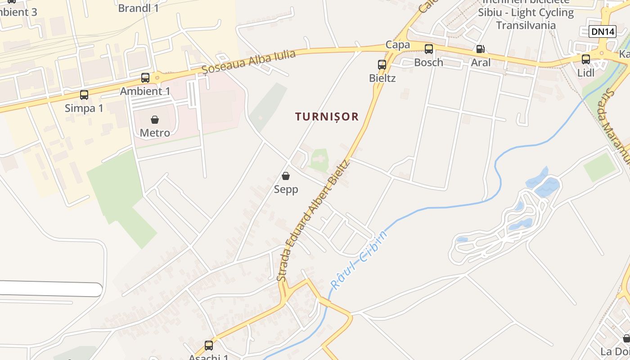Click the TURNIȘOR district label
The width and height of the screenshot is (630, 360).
pos(327,117)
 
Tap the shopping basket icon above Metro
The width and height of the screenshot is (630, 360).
pos(155,120)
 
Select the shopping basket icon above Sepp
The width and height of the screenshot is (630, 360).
pos(286,176)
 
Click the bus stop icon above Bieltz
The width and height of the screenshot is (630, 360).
pos(382,65)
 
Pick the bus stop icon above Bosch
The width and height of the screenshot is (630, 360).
pos(429,49)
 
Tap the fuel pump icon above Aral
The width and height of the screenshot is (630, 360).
pos(480,49)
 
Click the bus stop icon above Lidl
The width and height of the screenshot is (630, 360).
pos(586,59)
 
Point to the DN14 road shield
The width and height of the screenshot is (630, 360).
pos(602,31)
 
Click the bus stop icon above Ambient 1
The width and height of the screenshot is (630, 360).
pos(145,77)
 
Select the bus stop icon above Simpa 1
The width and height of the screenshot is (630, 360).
pos(84,94)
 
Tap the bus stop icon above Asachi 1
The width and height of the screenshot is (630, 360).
pos(209,345)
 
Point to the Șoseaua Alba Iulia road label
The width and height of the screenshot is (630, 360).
pos(248,61)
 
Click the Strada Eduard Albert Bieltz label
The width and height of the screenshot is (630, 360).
pos(314,220)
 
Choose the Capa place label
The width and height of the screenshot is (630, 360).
pos(398,45)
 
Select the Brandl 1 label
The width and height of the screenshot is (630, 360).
pos(138,8)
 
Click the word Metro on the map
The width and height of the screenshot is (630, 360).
pos(155,133)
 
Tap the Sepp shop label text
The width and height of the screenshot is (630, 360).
pos(286,189)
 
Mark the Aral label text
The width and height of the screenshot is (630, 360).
pos(481,63)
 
